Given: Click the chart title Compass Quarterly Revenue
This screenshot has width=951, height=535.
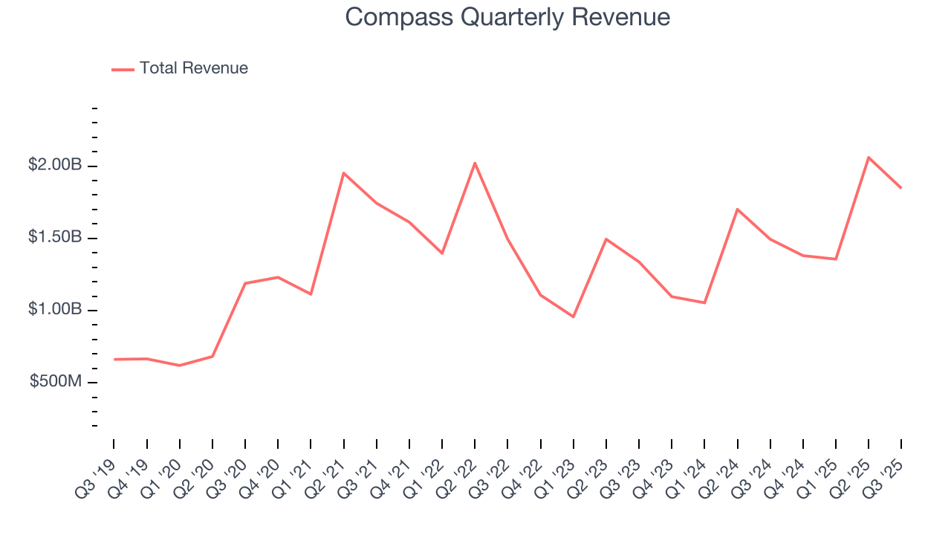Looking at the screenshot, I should [507, 17].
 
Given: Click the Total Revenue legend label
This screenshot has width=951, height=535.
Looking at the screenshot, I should [193, 68].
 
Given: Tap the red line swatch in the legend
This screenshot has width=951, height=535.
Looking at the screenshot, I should [123, 69].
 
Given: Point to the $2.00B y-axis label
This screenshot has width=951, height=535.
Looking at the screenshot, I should [55, 165].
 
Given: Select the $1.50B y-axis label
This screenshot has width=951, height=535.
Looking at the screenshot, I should [55, 237].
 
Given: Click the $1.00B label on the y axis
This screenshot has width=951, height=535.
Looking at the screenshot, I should [55, 309].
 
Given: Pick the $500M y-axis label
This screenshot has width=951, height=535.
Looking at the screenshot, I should [56, 381].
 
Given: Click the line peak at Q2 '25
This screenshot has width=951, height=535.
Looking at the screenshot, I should [869, 157].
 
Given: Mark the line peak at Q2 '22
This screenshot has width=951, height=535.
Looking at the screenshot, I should [475, 163].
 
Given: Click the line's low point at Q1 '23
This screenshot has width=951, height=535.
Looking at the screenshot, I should [574, 317].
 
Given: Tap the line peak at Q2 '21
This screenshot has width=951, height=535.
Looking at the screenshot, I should [343, 172].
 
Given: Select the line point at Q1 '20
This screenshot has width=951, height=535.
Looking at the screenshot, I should [180, 366].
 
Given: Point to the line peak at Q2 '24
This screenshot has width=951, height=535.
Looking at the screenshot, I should [737, 209].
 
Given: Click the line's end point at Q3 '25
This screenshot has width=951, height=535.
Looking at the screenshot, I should [901, 188].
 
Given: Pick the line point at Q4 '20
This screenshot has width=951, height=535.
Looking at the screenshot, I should [278, 277].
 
